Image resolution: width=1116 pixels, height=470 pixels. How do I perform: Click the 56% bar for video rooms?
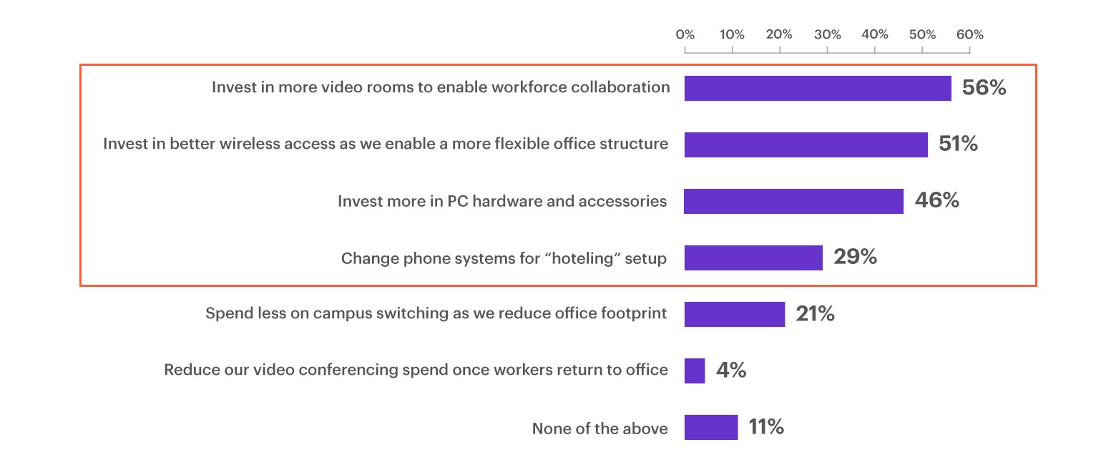coord(818,88)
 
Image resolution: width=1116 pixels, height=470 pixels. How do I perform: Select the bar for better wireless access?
coord(806,145)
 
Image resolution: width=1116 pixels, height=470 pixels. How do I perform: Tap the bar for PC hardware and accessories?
coord(793,201)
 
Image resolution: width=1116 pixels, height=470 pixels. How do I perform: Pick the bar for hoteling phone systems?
coord(753,258)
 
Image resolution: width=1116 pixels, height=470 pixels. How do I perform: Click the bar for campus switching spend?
coord(734,314)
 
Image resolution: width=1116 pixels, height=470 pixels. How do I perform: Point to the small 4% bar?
coord(695,371)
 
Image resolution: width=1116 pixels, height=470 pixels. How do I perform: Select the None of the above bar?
coord(711,427)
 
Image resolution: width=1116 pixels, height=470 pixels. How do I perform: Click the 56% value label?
coord(984,88)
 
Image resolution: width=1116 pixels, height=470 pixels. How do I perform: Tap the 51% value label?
coord(958,144)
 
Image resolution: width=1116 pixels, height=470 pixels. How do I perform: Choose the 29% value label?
coord(855,257)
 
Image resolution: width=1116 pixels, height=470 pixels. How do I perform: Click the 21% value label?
coord(815,313)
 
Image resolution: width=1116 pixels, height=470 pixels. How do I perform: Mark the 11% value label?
coord(766,427)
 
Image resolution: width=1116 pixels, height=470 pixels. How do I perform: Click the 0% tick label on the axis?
coord(685,34)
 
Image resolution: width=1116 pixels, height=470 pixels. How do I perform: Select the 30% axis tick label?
coord(827,34)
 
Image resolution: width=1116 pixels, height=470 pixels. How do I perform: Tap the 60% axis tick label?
coord(970,34)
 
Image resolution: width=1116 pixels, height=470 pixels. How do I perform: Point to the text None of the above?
coord(599,429)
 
